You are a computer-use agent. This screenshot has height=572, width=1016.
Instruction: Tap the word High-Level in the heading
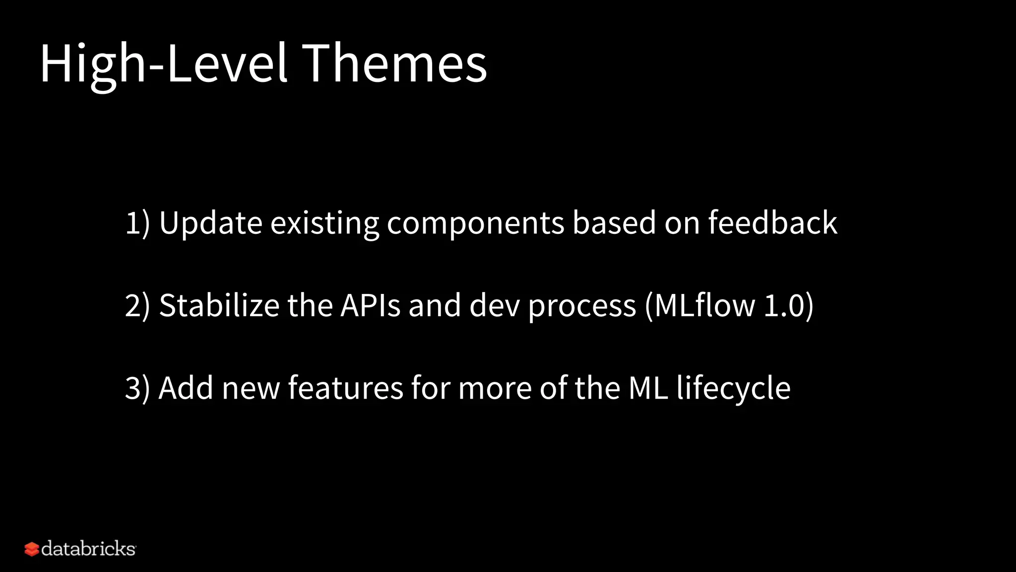[164, 63]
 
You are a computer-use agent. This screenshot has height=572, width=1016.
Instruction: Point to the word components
[475, 223]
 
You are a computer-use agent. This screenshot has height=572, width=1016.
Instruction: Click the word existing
[324, 223]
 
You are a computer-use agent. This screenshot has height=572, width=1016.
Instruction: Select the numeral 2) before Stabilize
[137, 305]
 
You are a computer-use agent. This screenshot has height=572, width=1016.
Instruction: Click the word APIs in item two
[370, 305]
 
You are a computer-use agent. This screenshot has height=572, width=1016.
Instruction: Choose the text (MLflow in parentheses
[699, 305]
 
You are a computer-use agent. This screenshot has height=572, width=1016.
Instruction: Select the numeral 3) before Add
[137, 388]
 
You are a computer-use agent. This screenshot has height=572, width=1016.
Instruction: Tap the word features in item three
[345, 388]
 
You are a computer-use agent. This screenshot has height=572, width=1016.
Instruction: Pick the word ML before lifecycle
[648, 388]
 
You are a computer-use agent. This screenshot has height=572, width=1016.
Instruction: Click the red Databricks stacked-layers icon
[32, 549]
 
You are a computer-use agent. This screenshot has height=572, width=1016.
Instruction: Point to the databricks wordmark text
[88, 549]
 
